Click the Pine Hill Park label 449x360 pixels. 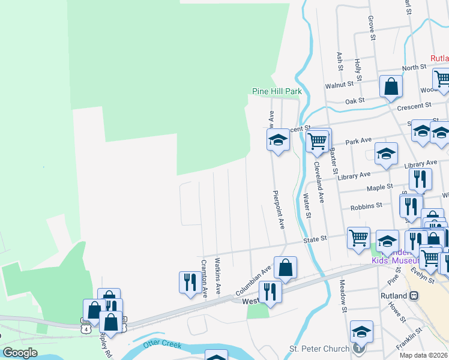coord(276,91)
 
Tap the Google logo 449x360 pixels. coord(20,353)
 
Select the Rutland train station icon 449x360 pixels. coord(414,296)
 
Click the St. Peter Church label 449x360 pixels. coord(319,349)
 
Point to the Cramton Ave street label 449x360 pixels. coord(203,278)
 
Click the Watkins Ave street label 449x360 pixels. coord(218,275)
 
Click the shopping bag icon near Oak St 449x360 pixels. coord(391,86)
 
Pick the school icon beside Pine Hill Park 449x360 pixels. coord(278,140)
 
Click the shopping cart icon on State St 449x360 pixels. coord(358,237)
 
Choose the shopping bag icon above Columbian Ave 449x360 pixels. coord(286,268)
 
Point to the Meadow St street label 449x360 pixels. coord(344,298)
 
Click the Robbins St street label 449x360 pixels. coord(367,206)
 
